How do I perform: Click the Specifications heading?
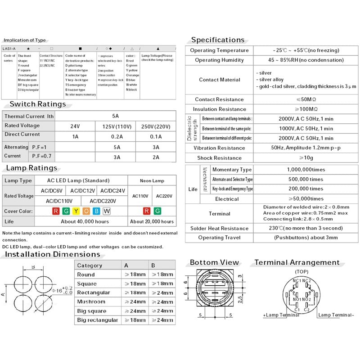point(218,40)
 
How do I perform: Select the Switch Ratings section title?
point(38,104)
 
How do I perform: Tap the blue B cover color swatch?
point(96,211)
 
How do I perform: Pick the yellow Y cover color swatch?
point(76,211)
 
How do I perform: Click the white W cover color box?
point(107,211)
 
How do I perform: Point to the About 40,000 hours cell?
point(85,221)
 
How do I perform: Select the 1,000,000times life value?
point(306,170)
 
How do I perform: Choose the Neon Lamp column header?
point(152,180)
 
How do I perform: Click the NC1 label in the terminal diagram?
point(297,281)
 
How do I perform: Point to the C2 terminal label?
point(306,310)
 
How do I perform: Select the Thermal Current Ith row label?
point(29,116)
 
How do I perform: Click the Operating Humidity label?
point(219,60)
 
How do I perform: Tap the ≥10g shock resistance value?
point(306,158)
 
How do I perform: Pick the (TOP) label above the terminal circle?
point(301,272)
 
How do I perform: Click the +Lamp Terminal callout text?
point(281,315)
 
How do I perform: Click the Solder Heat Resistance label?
point(219,228)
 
